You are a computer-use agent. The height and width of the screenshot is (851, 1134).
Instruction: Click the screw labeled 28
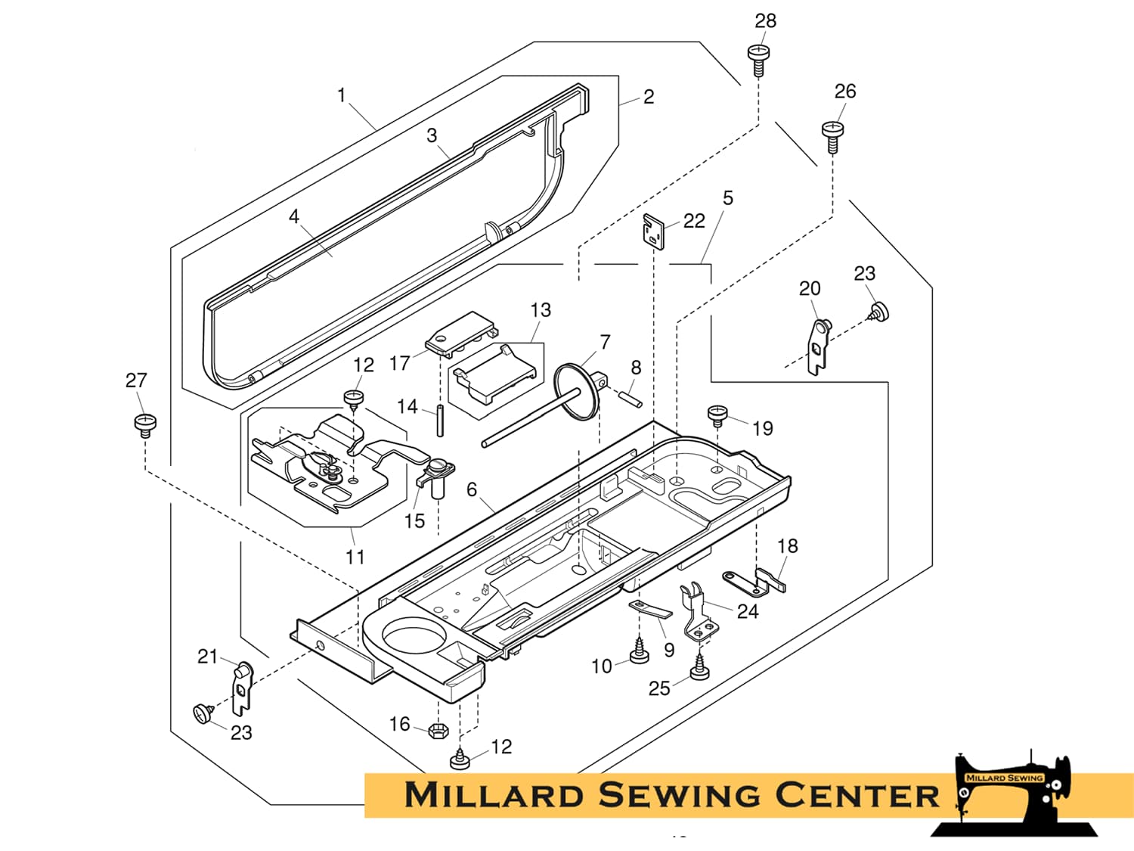(x=758, y=60)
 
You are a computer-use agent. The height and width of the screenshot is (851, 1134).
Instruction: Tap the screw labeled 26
(x=832, y=136)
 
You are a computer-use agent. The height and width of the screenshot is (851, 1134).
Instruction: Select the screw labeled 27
(x=145, y=426)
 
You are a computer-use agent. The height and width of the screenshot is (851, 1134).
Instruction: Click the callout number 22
(x=694, y=221)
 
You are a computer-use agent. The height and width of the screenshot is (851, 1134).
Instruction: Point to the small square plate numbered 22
(x=653, y=231)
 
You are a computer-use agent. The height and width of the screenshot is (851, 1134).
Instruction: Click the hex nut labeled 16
(x=438, y=731)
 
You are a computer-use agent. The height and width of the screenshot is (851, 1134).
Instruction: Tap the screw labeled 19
(x=717, y=416)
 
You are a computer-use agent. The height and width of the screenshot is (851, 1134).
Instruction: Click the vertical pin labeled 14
(x=440, y=421)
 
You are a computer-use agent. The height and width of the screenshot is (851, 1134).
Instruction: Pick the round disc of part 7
(x=576, y=391)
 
